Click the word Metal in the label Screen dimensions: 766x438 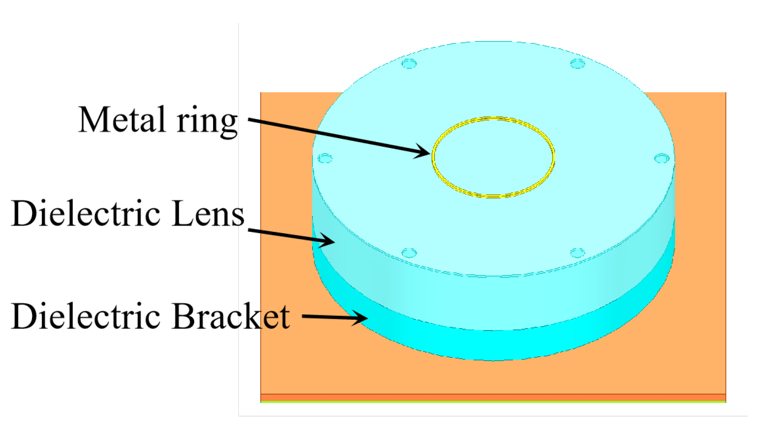pos(121,120)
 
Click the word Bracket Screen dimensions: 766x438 pos(231,316)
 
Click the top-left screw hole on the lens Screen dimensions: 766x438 pos(409,64)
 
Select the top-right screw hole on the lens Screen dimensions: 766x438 pos(577,64)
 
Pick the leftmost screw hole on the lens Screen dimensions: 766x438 pos(325,159)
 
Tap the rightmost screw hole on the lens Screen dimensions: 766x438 pos(662,158)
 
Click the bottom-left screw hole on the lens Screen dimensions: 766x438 pos(409,253)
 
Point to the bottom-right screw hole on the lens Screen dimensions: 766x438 pos(577,253)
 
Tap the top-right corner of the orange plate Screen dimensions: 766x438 pos(724,94)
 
